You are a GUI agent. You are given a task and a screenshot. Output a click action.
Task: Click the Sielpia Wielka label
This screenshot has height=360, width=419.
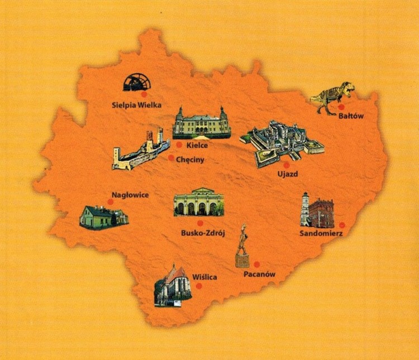pyautogui.click(x=136, y=104)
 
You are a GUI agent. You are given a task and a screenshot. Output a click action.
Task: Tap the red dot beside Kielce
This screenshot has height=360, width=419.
pyautogui.click(x=179, y=145)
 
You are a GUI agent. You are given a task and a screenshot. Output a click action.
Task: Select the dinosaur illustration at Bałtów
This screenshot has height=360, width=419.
pyautogui.click(x=332, y=96)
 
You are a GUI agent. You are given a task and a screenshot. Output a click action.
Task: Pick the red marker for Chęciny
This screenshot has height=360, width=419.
pyautogui.click(x=171, y=157)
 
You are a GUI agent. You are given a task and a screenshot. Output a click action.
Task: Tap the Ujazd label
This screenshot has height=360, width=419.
pyautogui.click(x=288, y=174)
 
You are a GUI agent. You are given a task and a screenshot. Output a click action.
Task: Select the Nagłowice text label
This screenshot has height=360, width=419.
pyautogui.click(x=130, y=195)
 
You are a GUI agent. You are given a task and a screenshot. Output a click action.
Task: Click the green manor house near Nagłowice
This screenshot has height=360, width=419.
pyautogui.click(x=103, y=217)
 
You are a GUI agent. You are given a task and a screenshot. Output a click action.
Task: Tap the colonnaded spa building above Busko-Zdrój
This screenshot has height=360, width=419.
pyautogui.click(x=199, y=202)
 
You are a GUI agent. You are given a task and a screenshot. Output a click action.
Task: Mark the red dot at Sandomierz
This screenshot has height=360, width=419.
pyautogui.click(x=342, y=225)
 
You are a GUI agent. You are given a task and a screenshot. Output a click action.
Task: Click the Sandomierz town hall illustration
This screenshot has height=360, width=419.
pyautogui.click(x=317, y=210)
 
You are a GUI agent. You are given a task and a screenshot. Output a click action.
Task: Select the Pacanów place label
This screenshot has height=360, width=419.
pyautogui.click(x=260, y=274)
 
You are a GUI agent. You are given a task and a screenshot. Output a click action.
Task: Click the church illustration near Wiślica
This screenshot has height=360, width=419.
pyautogui.click(x=173, y=286)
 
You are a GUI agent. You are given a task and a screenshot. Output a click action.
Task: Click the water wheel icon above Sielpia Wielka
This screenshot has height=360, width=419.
pyautogui.click(x=137, y=82)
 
